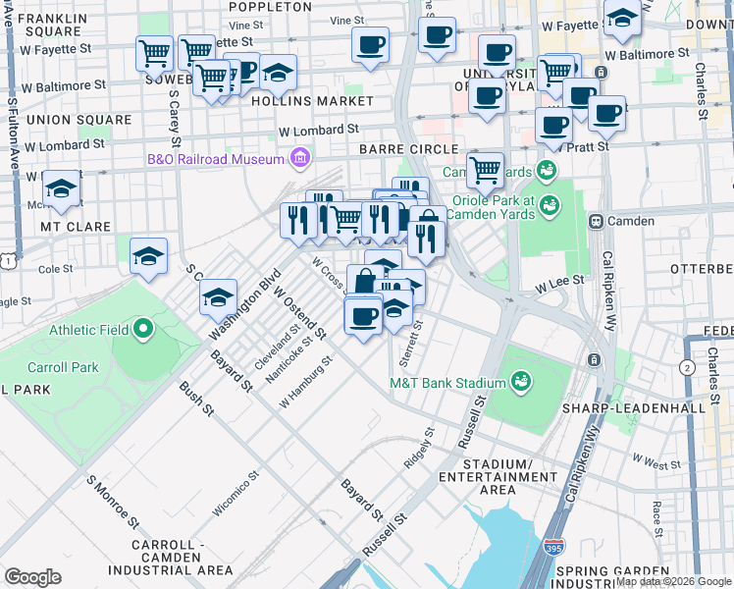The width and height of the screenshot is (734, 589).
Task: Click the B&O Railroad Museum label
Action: coord(215,159)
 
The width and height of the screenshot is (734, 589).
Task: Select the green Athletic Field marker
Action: coord(144,329)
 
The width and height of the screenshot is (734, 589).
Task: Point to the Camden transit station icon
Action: coord(596,221)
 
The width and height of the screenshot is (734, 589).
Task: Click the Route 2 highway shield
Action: coord(687,367)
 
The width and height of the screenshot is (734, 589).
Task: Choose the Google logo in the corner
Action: coord(32,576)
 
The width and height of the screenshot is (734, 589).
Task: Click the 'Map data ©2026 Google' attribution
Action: coord(673,582)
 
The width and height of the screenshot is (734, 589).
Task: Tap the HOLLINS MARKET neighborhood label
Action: coord(312,101)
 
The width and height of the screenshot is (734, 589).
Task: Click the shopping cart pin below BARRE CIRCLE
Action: coord(485,170)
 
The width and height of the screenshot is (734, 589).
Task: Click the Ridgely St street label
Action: coord(419,448)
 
